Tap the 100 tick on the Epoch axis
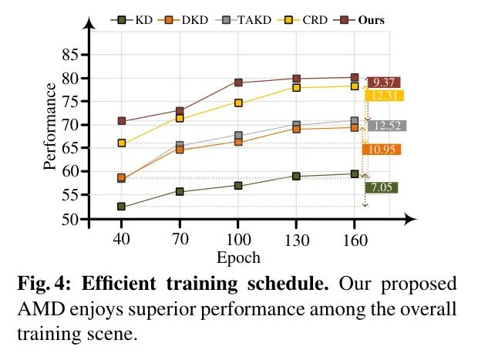[238, 238]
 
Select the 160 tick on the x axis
[354, 238]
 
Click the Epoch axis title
[237, 257]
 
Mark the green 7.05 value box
[382, 187]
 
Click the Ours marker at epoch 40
[122, 121]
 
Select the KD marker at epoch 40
[122, 207]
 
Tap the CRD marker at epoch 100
[238, 103]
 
